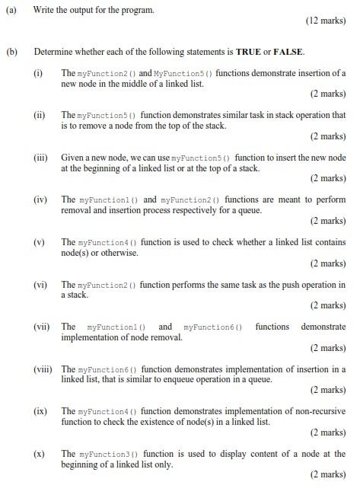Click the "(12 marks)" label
(x=325, y=21)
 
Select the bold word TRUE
(x=249, y=52)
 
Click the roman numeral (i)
(x=38, y=73)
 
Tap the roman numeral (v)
(x=39, y=242)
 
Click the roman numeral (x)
(x=39, y=454)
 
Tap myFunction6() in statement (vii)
(x=212, y=327)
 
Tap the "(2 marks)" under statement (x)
(x=327, y=474)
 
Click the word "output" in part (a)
(x=90, y=10)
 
